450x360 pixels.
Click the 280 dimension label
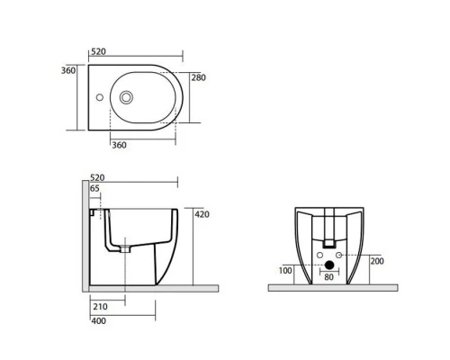199,77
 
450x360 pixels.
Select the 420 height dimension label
202,214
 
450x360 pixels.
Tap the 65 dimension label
94,188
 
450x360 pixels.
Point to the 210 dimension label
100,307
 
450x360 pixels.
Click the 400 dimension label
99,320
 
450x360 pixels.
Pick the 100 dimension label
285,271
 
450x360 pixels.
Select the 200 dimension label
377,261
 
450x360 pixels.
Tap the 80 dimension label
328,277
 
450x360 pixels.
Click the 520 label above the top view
98,51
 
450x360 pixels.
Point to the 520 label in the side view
97,177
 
